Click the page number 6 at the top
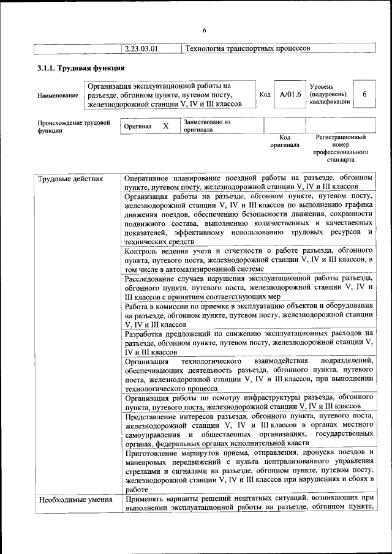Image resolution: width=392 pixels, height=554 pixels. pyautogui.click(x=205, y=31)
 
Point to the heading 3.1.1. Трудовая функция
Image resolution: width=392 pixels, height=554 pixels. pyautogui.click(x=81, y=68)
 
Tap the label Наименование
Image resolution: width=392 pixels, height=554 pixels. pyautogui.click(x=58, y=95)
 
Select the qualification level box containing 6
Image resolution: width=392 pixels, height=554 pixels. pyautogui.click(x=364, y=94)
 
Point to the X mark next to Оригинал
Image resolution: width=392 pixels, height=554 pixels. pyautogui.click(x=165, y=125)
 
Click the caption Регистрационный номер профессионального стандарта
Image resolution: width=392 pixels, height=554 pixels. pyautogui.click(x=341, y=149)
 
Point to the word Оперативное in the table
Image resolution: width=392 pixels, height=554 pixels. pyautogui.click(x=149, y=178)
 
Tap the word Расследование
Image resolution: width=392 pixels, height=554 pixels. pyautogui.click(x=153, y=277)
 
